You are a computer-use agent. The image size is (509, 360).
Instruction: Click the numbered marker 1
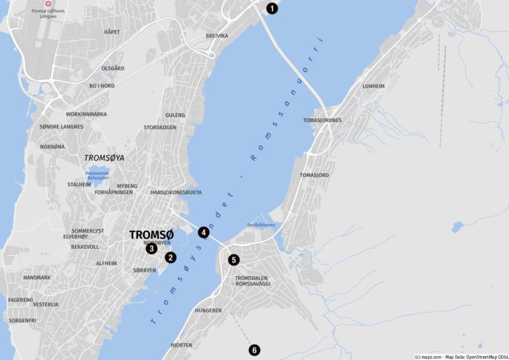272,8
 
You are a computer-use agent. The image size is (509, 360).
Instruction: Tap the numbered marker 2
170,258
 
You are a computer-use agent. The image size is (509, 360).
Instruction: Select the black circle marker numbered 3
151,248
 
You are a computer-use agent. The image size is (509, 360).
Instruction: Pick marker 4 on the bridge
204,232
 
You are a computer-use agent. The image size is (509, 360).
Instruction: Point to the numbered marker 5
234,260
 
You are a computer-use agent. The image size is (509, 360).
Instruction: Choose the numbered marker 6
254,350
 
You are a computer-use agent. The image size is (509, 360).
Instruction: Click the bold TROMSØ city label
151,234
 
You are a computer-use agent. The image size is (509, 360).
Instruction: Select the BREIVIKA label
217,36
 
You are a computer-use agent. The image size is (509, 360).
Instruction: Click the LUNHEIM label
373,86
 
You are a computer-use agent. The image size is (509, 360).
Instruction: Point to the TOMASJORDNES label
323,120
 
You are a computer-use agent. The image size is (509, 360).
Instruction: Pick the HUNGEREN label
208,310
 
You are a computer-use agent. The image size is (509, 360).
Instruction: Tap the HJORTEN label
181,345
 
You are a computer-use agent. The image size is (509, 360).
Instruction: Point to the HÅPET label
112,32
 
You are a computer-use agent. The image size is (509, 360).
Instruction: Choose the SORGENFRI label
22,320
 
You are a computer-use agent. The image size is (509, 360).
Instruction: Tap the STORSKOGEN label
160,127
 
